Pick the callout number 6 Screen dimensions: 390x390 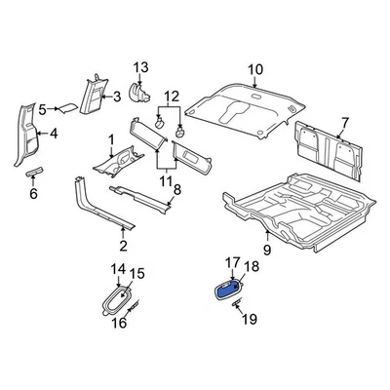(32, 194)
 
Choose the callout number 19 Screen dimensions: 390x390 (248, 319)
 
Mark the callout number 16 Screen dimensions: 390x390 (121, 323)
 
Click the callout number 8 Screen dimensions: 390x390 (176, 203)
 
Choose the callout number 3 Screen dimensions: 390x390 (117, 95)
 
